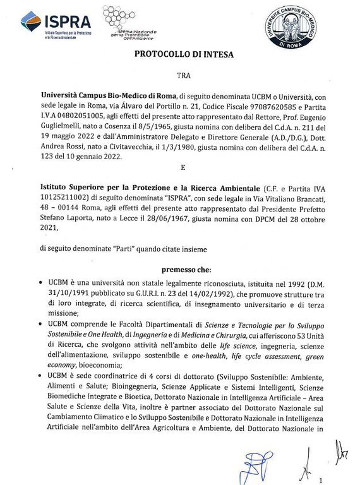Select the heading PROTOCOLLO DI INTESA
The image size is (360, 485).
184,54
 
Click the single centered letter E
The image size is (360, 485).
183,169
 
